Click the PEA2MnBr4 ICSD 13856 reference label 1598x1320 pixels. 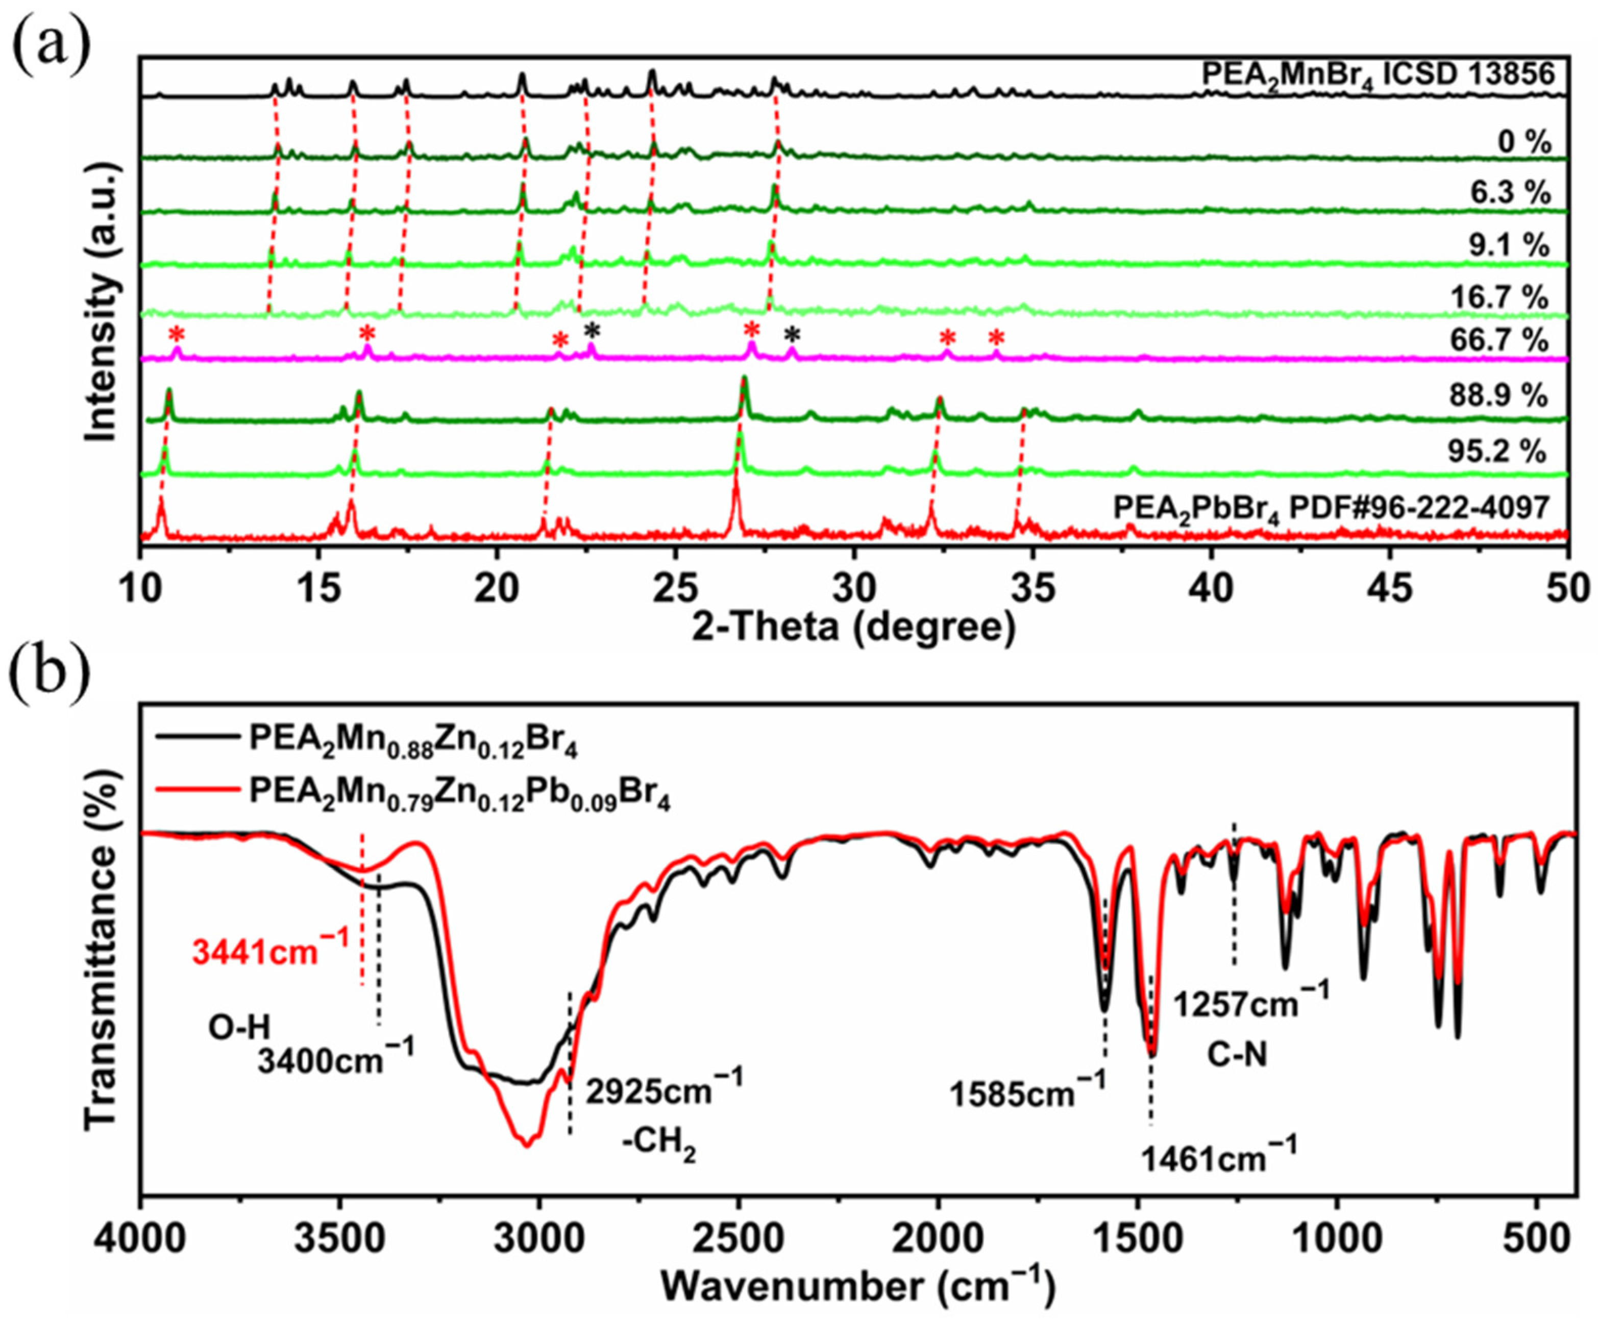[x=1375, y=74]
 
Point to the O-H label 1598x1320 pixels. [x=239, y=1029]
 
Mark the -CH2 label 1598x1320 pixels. [x=659, y=1144]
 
